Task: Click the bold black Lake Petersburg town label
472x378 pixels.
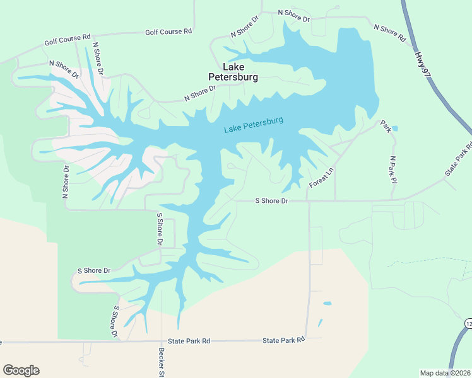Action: coord(233,72)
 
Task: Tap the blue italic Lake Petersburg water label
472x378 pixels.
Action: coord(254,125)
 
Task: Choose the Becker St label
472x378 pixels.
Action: coord(162,362)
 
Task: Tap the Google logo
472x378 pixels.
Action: coord(21,370)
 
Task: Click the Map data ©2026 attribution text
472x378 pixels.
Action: coord(445,373)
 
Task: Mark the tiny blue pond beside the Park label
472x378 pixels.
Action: coord(394,129)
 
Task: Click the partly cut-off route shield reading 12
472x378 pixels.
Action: coord(468,323)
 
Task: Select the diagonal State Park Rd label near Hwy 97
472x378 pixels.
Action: coord(458,160)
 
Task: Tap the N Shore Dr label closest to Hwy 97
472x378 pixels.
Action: coord(389,32)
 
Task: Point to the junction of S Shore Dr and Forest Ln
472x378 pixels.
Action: coord(308,201)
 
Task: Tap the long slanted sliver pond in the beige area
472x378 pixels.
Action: coord(320,323)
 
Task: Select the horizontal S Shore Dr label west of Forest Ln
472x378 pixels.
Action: coord(271,201)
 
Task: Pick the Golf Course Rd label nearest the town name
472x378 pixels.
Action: coord(168,31)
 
